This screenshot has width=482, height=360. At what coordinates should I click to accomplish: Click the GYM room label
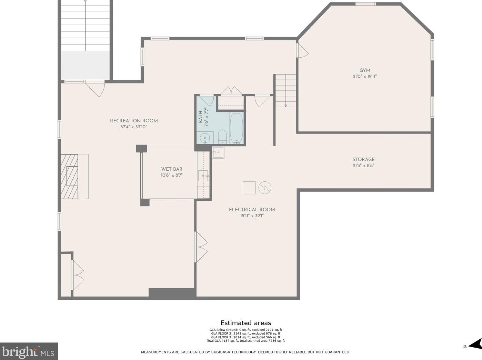[365, 70]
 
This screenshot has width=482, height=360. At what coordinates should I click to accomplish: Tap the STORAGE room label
[363, 160]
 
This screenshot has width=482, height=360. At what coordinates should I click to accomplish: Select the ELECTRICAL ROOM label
[252, 210]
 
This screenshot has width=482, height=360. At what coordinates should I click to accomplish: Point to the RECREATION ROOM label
[134, 121]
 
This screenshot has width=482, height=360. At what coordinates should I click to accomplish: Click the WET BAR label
[172, 169]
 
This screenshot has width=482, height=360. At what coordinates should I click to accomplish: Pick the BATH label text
[200, 117]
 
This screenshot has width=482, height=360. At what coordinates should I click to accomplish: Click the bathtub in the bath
[237, 128]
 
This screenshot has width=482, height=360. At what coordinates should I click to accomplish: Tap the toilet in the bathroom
[222, 136]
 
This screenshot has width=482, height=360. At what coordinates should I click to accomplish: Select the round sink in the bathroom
[205, 138]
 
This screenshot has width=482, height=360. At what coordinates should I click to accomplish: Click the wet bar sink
[203, 176]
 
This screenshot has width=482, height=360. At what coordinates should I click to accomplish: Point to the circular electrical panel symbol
[265, 188]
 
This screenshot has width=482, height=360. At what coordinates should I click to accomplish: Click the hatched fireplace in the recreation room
[69, 177]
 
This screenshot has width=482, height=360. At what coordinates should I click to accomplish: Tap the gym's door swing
[302, 50]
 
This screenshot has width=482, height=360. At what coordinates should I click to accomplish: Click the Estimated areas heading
[246, 323]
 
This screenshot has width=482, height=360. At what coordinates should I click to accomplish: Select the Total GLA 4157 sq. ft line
[246, 341]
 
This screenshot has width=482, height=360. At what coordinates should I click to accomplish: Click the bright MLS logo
[29, 351]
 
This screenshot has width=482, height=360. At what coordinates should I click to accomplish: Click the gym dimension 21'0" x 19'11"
[365, 77]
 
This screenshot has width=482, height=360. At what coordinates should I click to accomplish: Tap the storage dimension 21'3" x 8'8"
[363, 166]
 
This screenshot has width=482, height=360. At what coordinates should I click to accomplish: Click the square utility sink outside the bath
[218, 152]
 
